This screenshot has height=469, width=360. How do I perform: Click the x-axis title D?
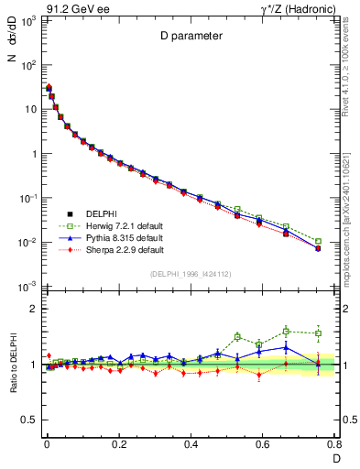pos(335,457)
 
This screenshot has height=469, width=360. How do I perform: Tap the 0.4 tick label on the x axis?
pos(191,444)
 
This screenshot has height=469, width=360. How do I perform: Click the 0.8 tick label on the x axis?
pos(334,444)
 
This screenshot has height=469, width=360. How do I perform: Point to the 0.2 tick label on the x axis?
pos(118,444)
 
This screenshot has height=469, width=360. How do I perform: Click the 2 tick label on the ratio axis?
pos(33,309)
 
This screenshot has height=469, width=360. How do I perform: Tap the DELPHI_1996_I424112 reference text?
pos(190,274)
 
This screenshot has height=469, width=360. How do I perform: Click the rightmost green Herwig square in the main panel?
pos(318,242)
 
